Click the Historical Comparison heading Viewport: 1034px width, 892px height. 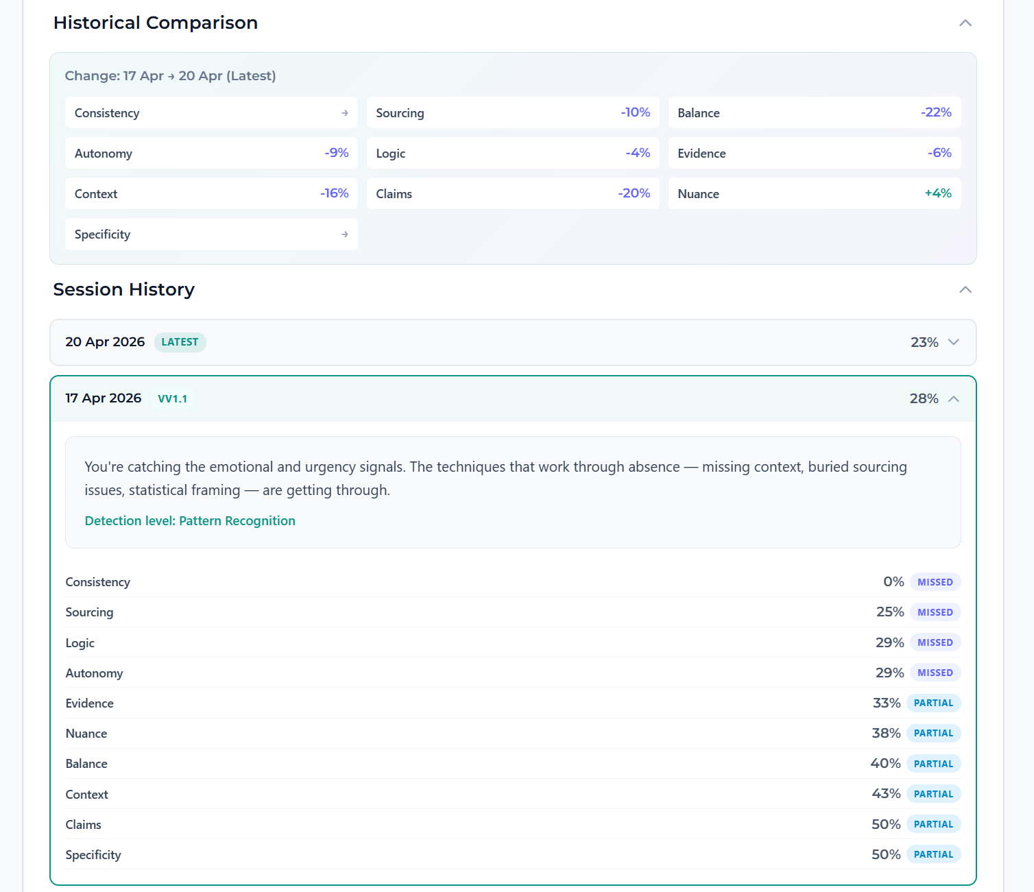coord(156,23)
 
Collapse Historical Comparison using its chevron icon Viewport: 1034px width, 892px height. coord(965,23)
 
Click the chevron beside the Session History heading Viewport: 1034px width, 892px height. coord(965,289)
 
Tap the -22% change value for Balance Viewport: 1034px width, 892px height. coord(935,112)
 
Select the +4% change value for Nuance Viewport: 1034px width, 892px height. coord(937,193)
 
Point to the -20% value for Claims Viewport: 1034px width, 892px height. coord(634,193)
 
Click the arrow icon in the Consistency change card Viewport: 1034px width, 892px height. coord(344,113)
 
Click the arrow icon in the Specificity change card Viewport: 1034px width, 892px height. coord(344,234)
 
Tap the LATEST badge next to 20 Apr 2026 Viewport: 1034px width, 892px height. coord(180,342)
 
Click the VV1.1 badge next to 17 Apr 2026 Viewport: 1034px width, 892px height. coord(172,399)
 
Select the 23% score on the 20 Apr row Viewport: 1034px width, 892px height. coord(924,342)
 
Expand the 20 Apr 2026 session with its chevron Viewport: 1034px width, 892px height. coord(953,342)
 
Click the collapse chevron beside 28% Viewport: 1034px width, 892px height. coord(953,399)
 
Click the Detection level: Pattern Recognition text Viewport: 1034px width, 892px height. coord(190,521)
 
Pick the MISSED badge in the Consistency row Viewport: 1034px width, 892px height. coord(935,582)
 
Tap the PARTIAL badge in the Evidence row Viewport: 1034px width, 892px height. coord(933,703)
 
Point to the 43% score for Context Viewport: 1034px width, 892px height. coord(886,794)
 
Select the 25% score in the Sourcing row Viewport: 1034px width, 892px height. coord(889,612)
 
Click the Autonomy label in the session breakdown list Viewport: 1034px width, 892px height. coord(94,673)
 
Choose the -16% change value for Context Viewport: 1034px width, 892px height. coord(334,193)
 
